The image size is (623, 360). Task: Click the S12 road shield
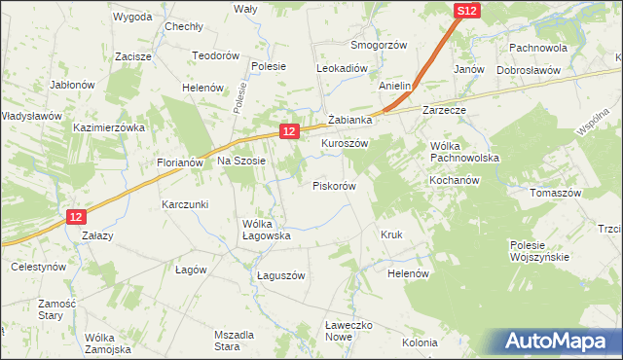[x=467, y=10]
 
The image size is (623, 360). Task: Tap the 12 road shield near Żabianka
[x=288, y=129]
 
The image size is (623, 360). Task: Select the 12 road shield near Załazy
[x=78, y=217]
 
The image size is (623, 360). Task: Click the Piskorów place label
[x=334, y=185]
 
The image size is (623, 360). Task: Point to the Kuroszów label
[x=345, y=142]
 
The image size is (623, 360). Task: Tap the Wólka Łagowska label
[x=267, y=229]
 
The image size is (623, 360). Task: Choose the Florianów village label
[x=179, y=162]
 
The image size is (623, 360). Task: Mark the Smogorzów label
[x=378, y=46]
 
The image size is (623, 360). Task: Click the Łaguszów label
[x=281, y=275]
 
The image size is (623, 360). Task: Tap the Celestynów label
[x=38, y=266]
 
